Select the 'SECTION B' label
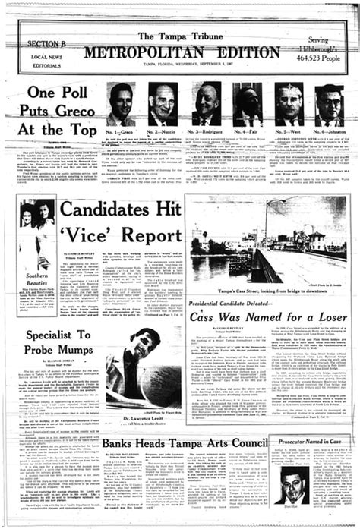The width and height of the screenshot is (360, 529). point(47,44)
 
